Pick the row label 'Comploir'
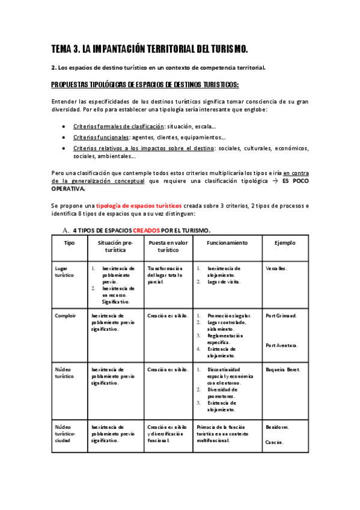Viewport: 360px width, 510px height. pos(65,315)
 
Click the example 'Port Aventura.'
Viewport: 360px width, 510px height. pos(281,345)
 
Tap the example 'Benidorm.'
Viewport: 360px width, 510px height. pos(277,427)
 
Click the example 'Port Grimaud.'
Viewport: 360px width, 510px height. pos(281,315)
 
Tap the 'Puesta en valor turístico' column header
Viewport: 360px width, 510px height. pos(168,245)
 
